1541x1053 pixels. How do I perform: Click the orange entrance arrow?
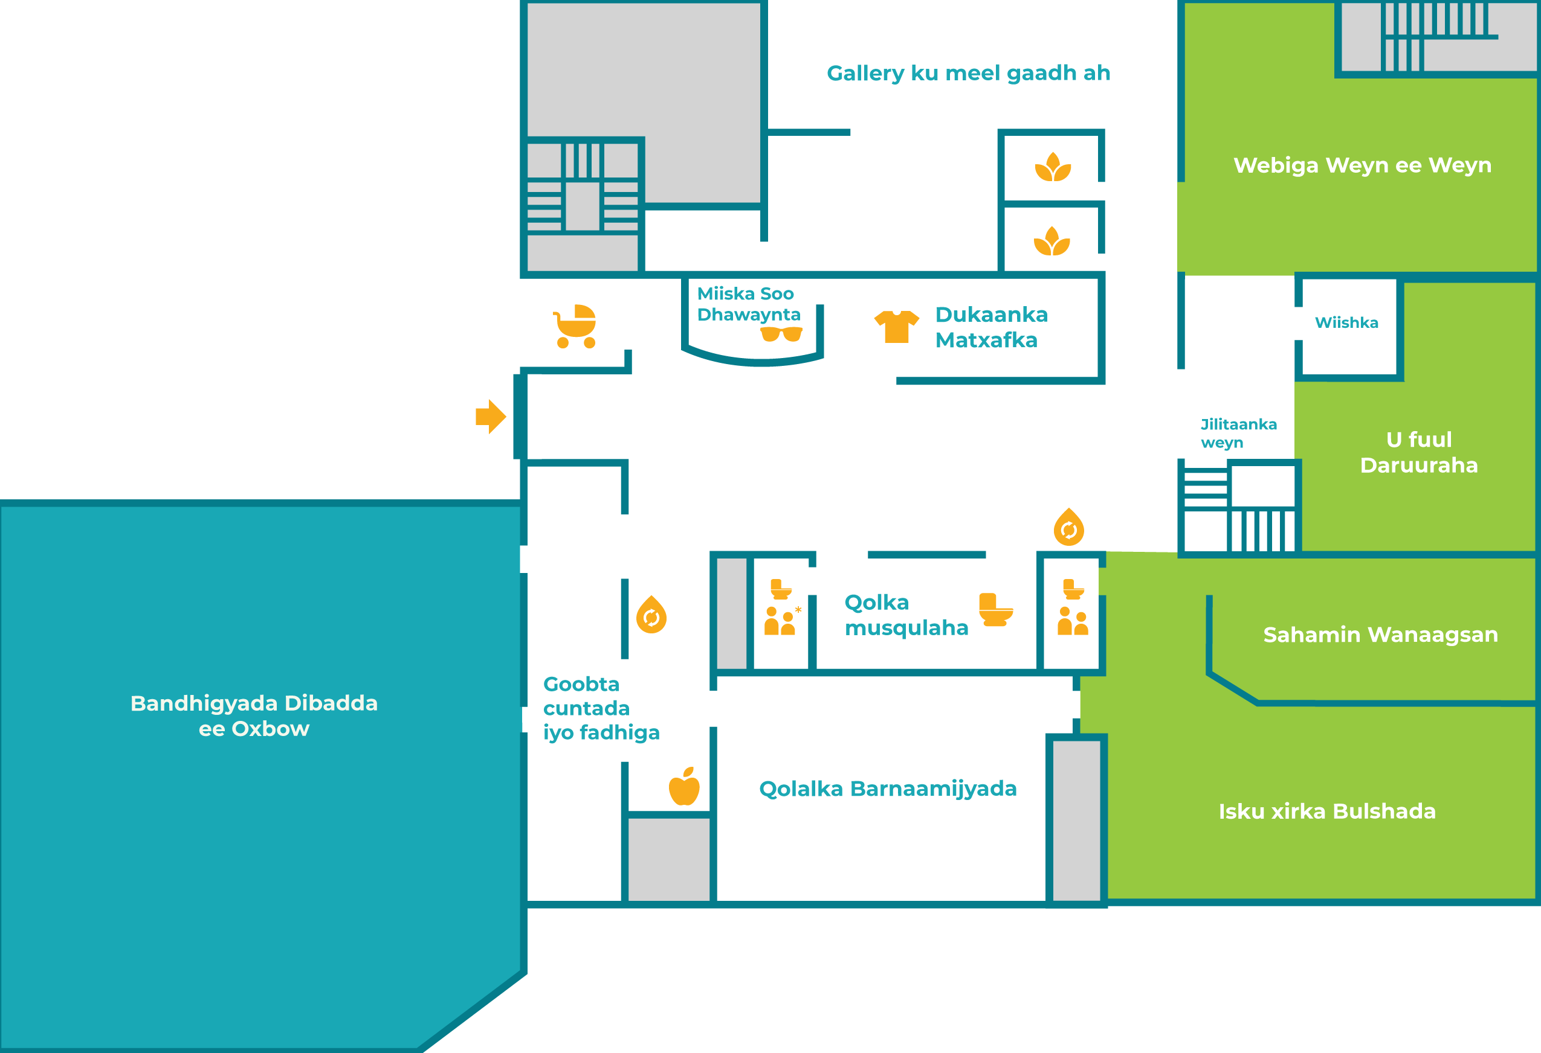pyautogui.click(x=491, y=417)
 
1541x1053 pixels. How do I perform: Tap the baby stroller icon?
pyautogui.click(x=575, y=326)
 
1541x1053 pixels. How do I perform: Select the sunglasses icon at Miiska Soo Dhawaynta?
pyautogui.click(x=781, y=334)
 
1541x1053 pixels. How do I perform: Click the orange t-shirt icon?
pyautogui.click(x=896, y=327)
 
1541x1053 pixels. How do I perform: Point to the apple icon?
pyautogui.click(x=684, y=787)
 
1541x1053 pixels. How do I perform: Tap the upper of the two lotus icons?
pyautogui.click(x=1053, y=167)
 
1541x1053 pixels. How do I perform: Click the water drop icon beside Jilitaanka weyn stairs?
pyautogui.click(x=1069, y=528)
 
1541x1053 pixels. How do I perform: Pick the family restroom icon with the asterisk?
pyautogui.click(x=783, y=607)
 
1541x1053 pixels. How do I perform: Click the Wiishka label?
pyautogui.click(x=1347, y=323)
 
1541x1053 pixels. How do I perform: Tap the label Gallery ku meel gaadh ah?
pyautogui.click(x=968, y=73)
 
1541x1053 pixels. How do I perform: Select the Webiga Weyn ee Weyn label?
pyautogui.click(x=1363, y=165)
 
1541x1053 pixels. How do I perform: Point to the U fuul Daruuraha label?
pyautogui.click(x=1419, y=453)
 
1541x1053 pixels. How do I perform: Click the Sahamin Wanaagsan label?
pyautogui.click(x=1380, y=635)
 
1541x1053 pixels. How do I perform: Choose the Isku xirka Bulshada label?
pyautogui.click(x=1328, y=811)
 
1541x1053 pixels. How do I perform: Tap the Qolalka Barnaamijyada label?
pyautogui.click(x=888, y=789)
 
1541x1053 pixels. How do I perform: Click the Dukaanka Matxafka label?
pyautogui.click(x=991, y=327)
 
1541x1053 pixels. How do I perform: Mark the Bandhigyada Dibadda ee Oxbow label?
pyautogui.click(x=254, y=715)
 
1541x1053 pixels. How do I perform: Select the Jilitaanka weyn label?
pyautogui.click(x=1239, y=434)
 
